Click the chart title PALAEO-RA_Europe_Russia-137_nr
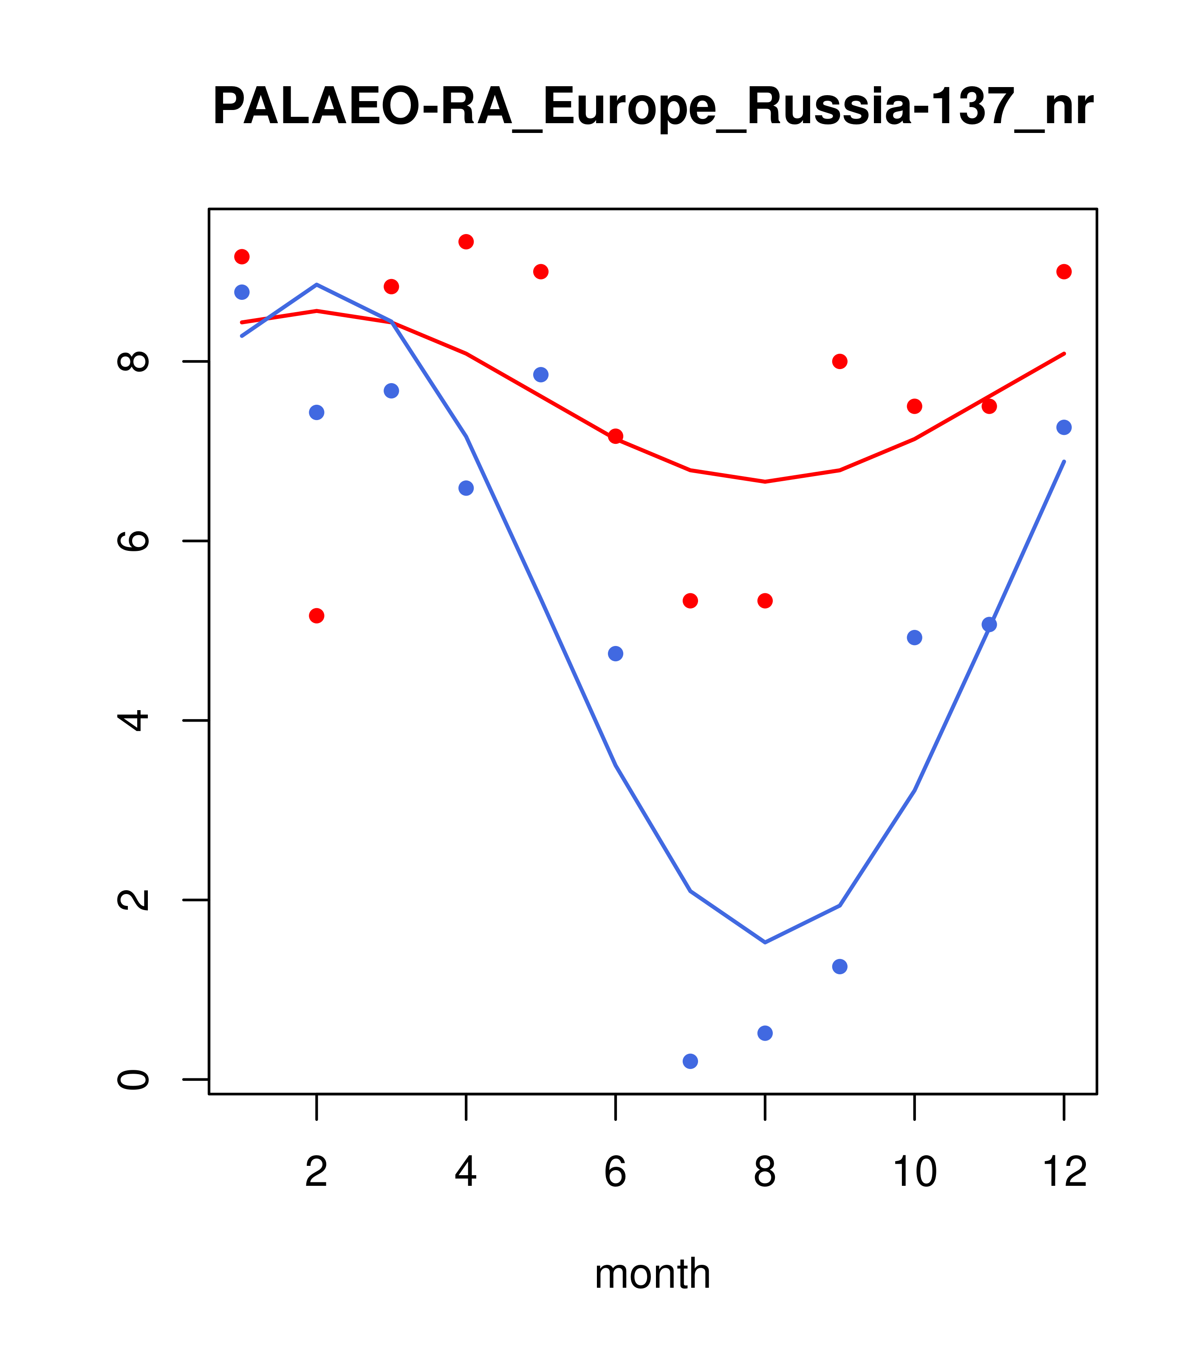[652, 107]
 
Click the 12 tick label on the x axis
[1064, 1172]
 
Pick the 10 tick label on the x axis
[914, 1172]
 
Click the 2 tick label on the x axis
[317, 1172]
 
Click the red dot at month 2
[317, 615]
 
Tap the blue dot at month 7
[690, 1061]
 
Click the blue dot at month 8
[765, 1033]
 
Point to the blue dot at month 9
[839, 967]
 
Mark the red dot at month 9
[839, 361]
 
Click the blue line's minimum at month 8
[765, 942]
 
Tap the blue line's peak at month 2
[317, 284]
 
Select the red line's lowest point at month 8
[765, 482]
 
